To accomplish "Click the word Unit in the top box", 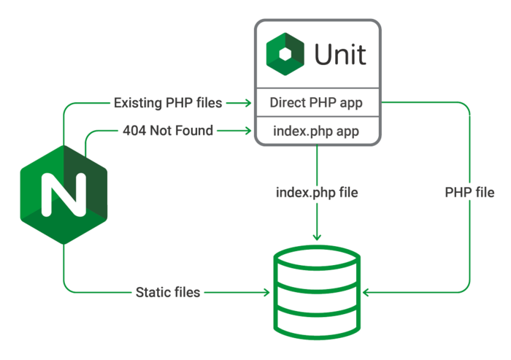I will [x=340, y=55].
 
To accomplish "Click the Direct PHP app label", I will [x=315, y=103].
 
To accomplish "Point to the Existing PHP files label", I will [x=167, y=103].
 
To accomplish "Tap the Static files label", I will [x=168, y=293].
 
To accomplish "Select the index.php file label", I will [x=316, y=194].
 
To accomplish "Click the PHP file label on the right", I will [x=469, y=194].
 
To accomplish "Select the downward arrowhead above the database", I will [x=316, y=237].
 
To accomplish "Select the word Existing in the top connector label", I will [x=137, y=103].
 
